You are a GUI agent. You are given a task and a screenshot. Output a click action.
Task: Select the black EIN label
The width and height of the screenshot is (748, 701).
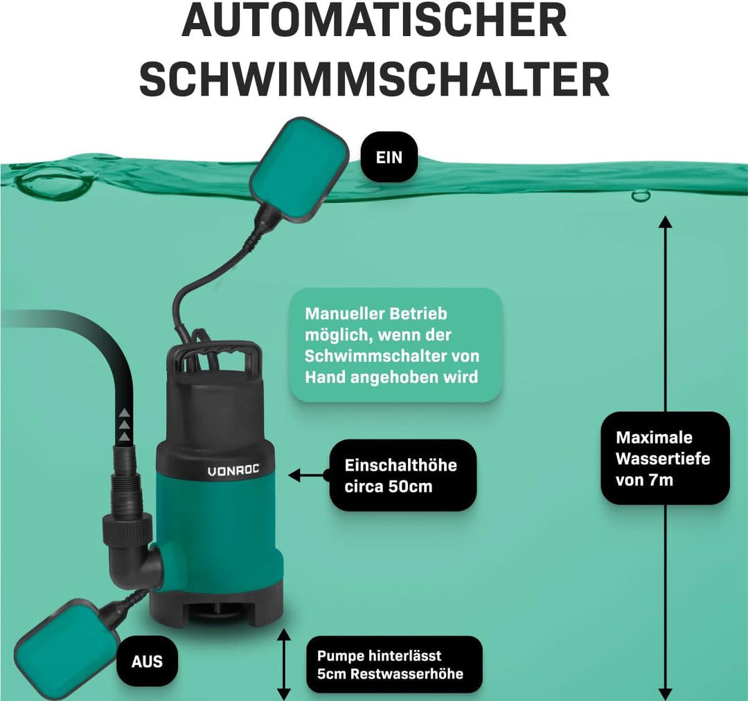click(x=389, y=158)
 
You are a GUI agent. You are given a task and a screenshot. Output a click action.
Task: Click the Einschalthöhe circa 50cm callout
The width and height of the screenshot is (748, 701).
click(x=401, y=475)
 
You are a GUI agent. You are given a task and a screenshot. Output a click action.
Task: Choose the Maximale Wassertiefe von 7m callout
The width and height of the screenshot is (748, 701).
click(x=664, y=458)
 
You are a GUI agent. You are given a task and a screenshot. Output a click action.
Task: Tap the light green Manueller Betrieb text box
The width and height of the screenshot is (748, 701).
click(x=395, y=345)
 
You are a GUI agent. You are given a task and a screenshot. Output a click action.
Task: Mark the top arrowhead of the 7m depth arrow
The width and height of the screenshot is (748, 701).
click(x=665, y=223)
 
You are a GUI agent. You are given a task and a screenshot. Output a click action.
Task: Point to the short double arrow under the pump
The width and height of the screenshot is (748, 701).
click(x=283, y=664)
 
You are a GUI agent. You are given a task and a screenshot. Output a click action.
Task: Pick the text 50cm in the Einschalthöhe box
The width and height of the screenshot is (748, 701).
click(x=409, y=486)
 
